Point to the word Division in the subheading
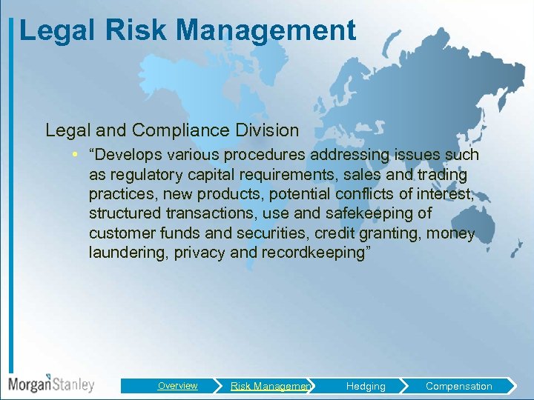tap(264, 130)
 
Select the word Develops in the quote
tap(124, 155)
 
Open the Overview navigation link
tap(177, 385)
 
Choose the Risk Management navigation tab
tap(271, 386)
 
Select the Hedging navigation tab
tap(366, 386)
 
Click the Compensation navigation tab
tap(458, 386)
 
